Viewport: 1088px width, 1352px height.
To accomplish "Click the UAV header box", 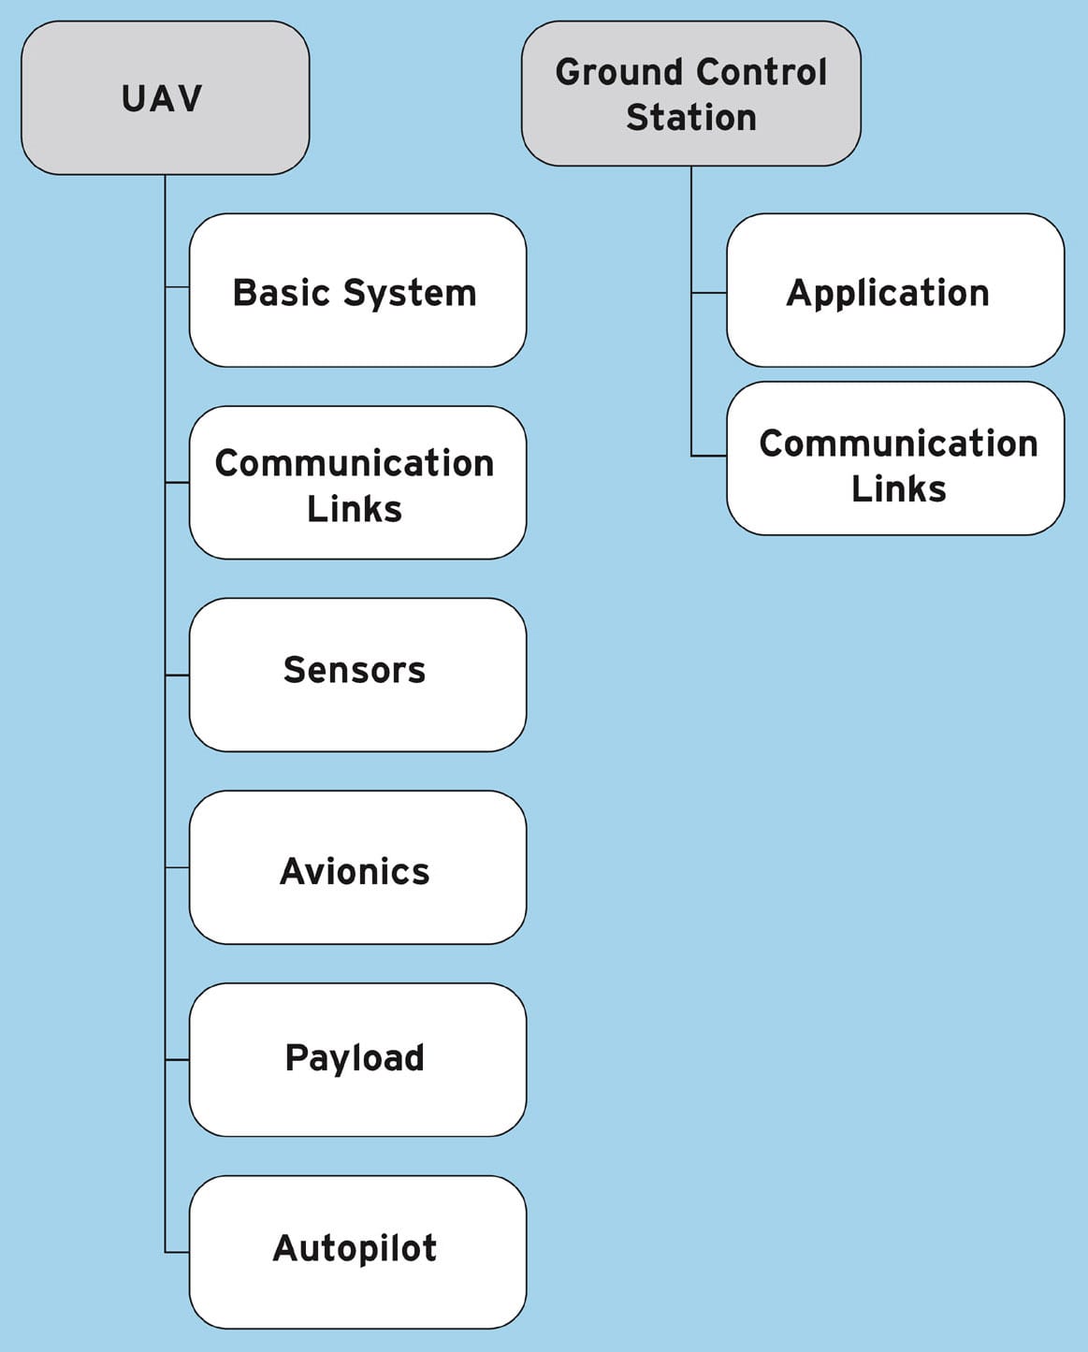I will click(165, 98).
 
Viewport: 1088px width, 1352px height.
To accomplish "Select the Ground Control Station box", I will click(690, 94).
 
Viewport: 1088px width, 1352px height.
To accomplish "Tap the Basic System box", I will click(357, 290).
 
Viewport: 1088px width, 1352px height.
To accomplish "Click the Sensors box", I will click(357, 675).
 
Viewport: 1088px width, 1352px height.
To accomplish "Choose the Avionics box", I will click(357, 867).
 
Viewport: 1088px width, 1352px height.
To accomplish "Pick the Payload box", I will click(357, 1059).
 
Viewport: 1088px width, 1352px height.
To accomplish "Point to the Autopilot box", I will click(357, 1252).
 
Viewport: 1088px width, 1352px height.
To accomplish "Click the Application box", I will click(895, 290).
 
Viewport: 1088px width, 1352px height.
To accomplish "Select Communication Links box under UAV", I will click(357, 483).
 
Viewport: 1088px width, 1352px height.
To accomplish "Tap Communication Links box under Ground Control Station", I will click(895, 458).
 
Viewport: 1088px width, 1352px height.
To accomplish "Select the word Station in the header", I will click(690, 118).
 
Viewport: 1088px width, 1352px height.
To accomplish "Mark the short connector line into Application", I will click(709, 293).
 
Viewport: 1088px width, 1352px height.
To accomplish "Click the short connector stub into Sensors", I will click(178, 675).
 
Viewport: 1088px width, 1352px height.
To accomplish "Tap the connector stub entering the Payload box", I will click(178, 1059).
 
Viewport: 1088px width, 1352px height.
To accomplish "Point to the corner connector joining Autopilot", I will click(167, 1251).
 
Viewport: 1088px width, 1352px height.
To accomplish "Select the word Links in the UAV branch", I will click(355, 509).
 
